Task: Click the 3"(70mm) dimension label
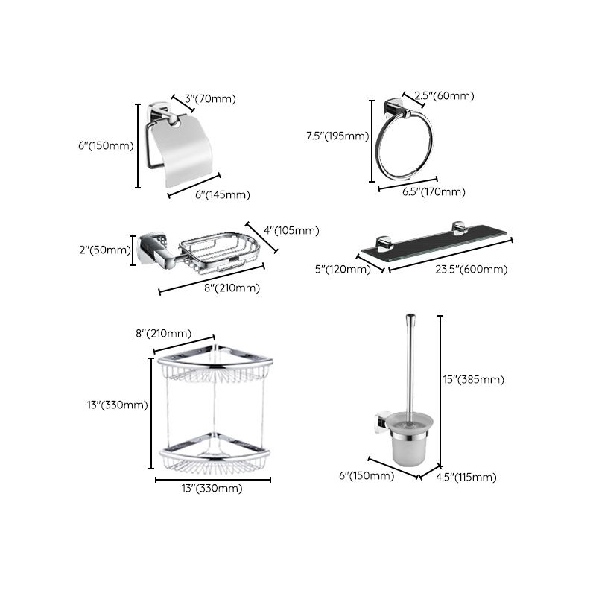209,98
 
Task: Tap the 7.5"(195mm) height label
337,136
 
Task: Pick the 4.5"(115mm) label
466,477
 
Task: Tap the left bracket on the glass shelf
384,242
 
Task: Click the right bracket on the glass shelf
456,229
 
